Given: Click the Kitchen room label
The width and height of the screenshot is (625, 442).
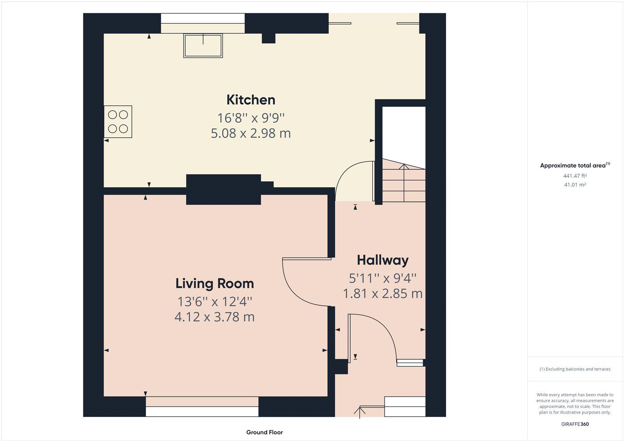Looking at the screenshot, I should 251,100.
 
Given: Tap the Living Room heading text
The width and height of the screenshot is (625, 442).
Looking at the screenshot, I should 214,283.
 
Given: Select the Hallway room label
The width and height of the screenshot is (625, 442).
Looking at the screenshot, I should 382,260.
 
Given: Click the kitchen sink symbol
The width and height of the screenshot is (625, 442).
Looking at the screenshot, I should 203,46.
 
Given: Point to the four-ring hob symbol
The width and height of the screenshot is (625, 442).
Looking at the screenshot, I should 118,122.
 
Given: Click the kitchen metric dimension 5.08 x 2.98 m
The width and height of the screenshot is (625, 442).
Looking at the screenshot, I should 251,133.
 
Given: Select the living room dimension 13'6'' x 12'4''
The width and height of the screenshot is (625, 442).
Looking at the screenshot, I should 214,302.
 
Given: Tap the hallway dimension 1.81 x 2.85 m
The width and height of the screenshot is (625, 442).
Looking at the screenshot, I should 382,293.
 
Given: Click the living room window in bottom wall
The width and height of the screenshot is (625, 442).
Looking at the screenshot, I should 202,411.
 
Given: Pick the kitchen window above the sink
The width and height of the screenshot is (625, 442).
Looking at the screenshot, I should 203,18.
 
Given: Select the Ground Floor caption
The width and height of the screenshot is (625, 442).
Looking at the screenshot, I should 264,432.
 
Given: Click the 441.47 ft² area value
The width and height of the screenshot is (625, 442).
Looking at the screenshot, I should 575,176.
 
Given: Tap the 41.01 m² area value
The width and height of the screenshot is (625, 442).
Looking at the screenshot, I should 575,185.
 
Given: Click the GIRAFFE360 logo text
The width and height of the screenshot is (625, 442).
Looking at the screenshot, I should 575,424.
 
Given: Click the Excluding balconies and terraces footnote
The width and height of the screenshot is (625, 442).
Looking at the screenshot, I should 575,369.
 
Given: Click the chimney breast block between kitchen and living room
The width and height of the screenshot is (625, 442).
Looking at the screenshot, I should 223,190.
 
